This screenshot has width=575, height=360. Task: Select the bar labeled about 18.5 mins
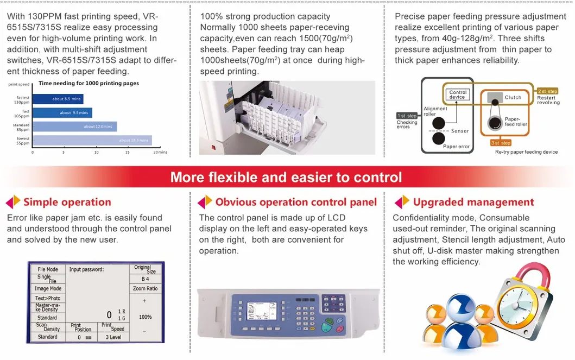(91, 140)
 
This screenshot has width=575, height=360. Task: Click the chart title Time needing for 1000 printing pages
(89, 83)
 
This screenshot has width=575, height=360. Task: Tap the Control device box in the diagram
(458, 94)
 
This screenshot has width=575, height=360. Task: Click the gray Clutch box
(494, 97)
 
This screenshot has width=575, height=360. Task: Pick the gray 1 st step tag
(407, 116)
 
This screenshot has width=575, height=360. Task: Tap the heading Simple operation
(67, 203)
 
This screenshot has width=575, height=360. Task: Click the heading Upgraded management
(473, 203)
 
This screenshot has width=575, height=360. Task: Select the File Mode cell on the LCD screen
(48, 269)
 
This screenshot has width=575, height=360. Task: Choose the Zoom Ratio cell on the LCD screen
(145, 288)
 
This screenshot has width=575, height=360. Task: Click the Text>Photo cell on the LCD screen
(48, 298)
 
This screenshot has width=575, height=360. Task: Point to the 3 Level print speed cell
(113, 337)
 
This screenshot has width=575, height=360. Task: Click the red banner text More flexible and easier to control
(286, 177)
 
